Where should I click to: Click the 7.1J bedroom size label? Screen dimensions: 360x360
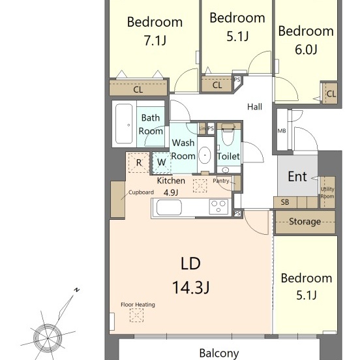155,40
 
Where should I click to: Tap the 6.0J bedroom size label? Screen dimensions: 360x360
306,50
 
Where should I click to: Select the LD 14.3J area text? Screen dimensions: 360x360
190,275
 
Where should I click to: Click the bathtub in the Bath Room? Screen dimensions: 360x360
124,124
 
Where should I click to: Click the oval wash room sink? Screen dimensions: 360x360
205,155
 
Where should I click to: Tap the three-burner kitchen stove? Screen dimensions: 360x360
218,206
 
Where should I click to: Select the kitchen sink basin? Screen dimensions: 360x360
169,207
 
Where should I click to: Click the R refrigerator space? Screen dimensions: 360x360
139,162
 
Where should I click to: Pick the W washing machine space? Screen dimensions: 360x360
162,162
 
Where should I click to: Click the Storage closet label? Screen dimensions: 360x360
305,222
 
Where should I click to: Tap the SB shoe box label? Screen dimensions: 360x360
285,202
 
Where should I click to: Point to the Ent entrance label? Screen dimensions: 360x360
297,177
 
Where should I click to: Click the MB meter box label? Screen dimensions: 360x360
282,131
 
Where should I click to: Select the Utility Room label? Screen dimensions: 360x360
327,192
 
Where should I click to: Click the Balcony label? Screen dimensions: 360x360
219,353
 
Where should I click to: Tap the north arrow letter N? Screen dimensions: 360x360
77,290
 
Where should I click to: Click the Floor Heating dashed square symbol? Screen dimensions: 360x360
136,315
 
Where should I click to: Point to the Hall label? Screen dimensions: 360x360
254,107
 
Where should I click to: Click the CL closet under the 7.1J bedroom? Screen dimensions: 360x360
138,87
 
